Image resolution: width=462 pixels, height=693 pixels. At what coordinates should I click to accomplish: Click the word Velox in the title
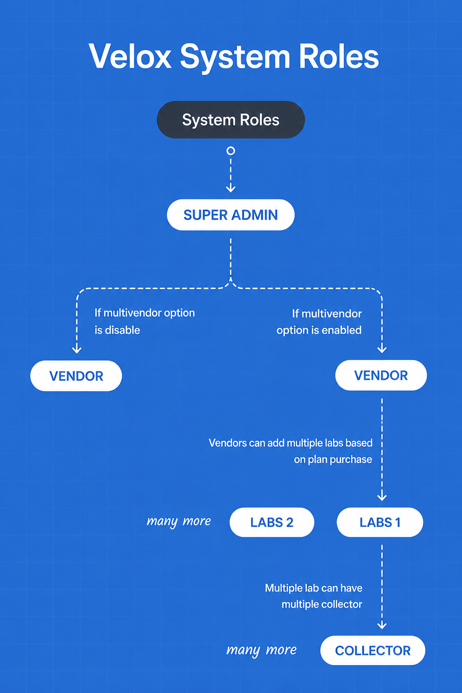pos(130,56)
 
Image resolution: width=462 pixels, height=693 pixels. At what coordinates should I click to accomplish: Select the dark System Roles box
pos(231,120)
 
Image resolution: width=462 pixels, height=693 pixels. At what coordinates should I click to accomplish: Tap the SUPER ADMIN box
pos(231,215)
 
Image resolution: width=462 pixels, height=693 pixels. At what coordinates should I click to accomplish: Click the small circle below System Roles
pos(231,151)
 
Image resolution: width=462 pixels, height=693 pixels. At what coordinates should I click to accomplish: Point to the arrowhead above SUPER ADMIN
pos(231,188)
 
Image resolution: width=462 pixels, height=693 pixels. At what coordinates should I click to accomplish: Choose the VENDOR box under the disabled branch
pos(76,376)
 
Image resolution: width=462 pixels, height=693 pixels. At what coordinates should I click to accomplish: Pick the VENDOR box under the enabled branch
pos(381,375)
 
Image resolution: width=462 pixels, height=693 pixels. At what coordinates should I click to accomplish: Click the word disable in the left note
pos(123,330)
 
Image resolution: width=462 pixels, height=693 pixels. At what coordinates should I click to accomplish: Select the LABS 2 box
pos(272,522)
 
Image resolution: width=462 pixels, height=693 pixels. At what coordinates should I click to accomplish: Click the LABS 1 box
pos(380,522)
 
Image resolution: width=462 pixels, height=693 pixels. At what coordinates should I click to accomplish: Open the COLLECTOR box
pos(373,650)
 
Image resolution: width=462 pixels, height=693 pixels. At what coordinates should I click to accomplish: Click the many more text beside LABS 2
pos(179,522)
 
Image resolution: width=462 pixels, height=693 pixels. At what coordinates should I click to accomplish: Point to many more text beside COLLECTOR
pos(262,650)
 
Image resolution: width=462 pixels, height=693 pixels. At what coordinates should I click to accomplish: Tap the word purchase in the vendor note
pos(351,460)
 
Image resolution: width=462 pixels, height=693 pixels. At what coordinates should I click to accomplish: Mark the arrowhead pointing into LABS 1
pos(382,497)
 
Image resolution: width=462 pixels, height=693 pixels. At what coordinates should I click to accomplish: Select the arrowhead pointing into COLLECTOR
pos(382,625)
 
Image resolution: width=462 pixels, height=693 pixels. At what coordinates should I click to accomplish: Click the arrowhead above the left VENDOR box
pos(77,349)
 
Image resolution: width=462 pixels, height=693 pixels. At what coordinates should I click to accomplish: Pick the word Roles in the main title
pos(339,56)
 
